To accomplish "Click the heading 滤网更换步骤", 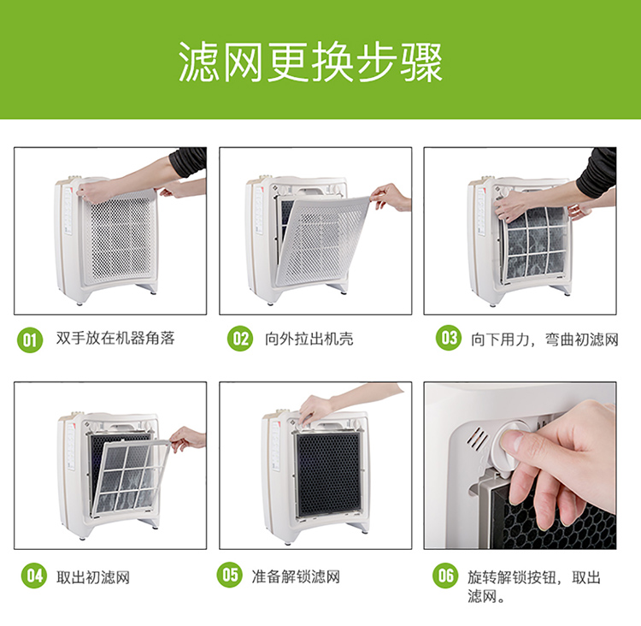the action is (311, 62).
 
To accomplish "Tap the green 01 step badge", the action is (30, 340).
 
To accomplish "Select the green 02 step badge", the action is (240, 339).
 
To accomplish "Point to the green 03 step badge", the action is (449, 338).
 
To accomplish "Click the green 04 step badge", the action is (34, 576).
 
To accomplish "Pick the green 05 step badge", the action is (229, 575).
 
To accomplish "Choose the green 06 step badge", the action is (445, 576).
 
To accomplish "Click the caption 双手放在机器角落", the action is (115, 339).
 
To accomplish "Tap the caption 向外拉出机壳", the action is (309, 340).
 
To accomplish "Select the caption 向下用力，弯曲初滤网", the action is (544, 340).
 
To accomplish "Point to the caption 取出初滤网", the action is (93, 577).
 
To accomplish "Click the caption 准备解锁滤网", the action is (296, 576).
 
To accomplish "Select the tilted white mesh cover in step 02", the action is (322, 241).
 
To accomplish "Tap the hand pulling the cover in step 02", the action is (391, 197).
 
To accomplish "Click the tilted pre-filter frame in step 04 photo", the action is (132, 476).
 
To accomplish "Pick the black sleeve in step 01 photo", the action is (188, 162).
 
